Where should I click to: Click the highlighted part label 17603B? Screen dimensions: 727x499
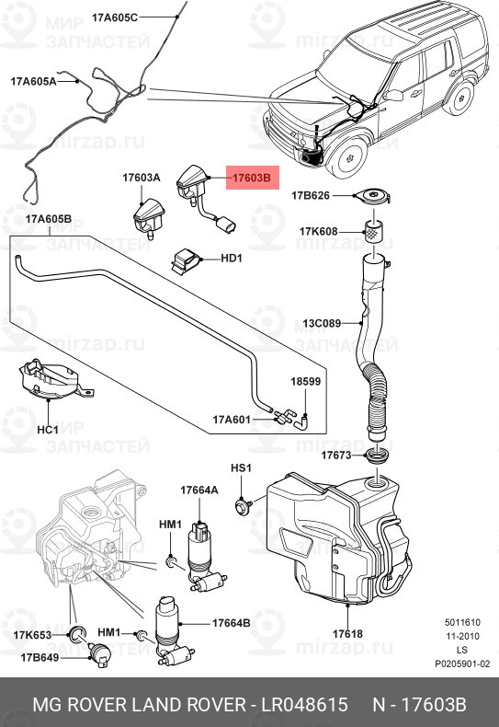(252, 179)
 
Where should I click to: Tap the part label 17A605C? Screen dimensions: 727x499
(115, 17)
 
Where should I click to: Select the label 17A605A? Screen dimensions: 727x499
(34, 81)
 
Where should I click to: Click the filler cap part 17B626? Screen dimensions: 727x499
(372, 197)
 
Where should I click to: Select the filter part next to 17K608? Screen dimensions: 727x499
(373, 232)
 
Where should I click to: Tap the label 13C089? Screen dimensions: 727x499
(323, 323)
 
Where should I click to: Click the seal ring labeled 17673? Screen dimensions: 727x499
(376, 456)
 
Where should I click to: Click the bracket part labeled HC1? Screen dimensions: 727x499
(51, 380)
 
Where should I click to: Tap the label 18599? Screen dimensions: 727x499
(306, 380)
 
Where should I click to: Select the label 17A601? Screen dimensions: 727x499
(232, 420)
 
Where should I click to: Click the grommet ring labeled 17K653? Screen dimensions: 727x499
(78, 631)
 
